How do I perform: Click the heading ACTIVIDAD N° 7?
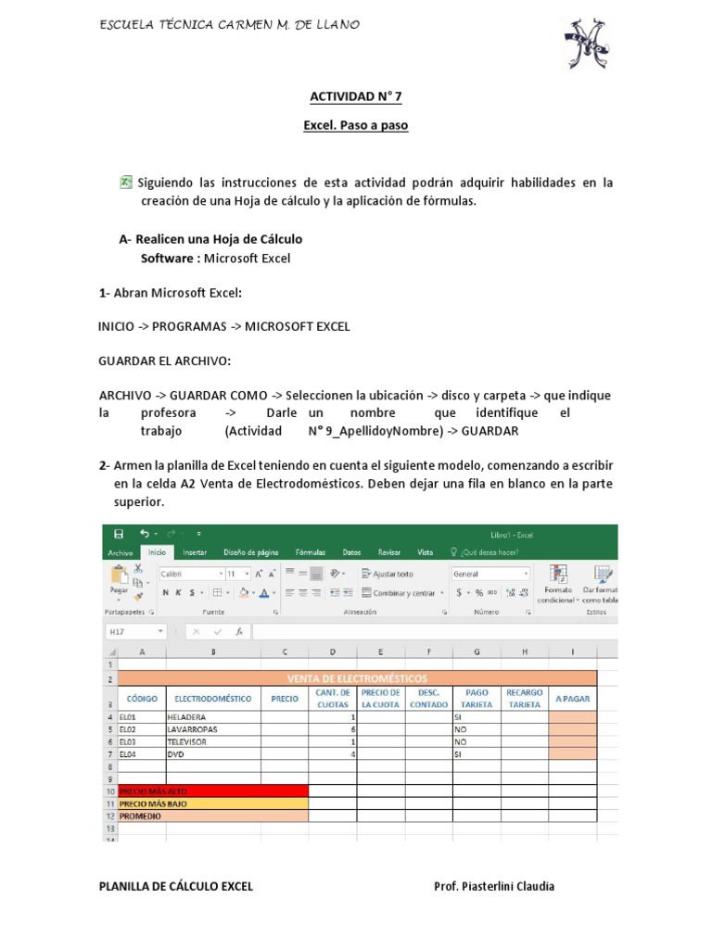click(x=355, y=95)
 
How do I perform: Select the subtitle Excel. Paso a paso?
click(x=355, y=125)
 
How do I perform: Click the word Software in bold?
click(x=167, y=258)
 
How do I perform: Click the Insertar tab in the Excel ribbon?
click(x=195, y=552)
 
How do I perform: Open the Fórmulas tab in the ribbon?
click(x=310, y=552)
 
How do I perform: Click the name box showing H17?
click(x=134, y=631)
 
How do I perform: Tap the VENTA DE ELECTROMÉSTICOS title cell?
click(x=357, y=679)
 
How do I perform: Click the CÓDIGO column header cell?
click(x=142, y=699)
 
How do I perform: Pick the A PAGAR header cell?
click(x=572, y=699)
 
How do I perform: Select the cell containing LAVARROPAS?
click(x=212, y=729)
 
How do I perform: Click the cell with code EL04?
click(x=142, y=754)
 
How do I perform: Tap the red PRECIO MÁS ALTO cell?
click(x=213, y=791)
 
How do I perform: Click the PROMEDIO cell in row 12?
click(x=213, y=816)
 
